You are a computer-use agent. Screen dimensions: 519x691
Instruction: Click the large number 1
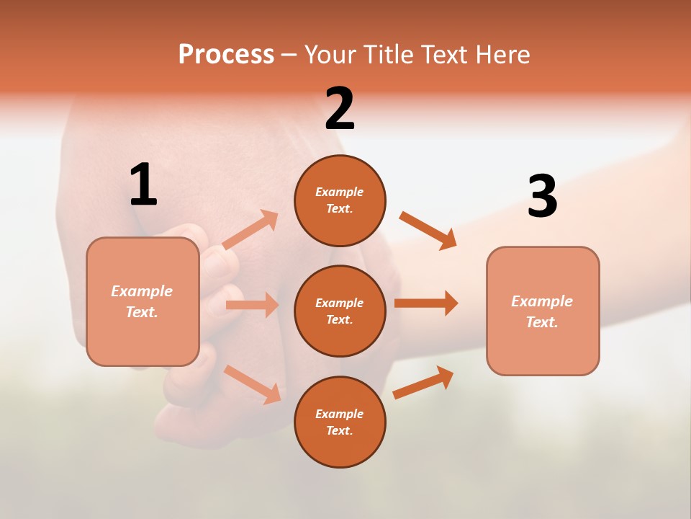(143, 185)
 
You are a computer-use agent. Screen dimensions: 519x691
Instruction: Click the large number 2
(340, 110)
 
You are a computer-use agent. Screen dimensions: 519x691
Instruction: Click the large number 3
(542, 198)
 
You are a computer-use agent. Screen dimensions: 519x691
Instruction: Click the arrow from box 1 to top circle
(250, 230)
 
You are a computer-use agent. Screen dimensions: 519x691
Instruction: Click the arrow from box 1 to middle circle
(252, 305)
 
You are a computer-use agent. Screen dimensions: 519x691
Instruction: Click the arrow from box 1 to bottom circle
(253, 384)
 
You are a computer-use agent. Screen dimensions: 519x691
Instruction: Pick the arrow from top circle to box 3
(428, 230)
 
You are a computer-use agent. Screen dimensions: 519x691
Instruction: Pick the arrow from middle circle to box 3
(426, 303)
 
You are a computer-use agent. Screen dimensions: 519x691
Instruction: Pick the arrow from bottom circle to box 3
(423, 382)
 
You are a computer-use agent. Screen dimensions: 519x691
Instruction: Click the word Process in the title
(226, 55)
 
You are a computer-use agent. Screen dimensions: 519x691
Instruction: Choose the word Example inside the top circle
(339, 192)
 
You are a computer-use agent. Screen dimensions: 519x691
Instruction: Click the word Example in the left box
(142, 291)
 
